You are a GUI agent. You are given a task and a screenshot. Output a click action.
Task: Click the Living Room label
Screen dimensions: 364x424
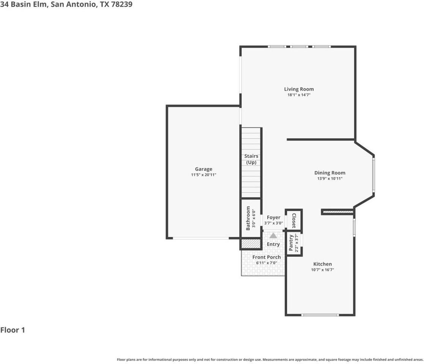(x=299, y=89)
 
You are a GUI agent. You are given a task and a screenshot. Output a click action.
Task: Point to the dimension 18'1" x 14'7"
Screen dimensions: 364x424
(x=299, y=95)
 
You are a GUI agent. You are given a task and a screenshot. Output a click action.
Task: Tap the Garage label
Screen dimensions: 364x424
(x=203, y=169)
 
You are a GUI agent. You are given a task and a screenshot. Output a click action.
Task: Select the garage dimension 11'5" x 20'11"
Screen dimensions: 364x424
(x=203, y=175)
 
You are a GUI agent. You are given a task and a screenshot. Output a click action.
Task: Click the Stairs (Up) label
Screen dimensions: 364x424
(x=251, y=159)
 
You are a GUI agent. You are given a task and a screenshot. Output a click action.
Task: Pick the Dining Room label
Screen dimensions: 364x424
(x=329, y=173)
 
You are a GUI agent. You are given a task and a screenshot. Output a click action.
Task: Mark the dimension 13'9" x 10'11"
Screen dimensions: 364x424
(x=329, y=179)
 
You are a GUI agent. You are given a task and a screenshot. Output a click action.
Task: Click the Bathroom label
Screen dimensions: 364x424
(x=248, y=218)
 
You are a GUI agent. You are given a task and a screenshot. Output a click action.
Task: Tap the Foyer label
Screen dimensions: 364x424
(x=273, y=218)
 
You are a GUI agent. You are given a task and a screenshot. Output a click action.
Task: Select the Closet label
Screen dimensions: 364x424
(x=293, y=220)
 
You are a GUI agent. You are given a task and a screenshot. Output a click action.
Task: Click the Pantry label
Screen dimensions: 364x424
(x=291, y=243)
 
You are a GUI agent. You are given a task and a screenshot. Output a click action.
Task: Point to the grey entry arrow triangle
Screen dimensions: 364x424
(x=273, y=235)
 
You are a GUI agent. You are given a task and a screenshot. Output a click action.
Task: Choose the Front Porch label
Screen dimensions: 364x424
(x=266, y=257)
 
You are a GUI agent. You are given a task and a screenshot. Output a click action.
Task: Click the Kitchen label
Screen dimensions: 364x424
(x=322, y=264)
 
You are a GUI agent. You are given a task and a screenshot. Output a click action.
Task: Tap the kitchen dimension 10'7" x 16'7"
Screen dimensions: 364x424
(x=322, y=270)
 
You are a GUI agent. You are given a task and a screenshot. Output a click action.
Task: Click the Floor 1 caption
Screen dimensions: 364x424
(x=13, y=330)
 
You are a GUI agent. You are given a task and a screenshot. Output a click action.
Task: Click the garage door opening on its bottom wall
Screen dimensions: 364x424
(x=201, y=238)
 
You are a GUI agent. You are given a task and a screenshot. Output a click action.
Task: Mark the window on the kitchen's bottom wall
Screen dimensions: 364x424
(x=320, y=315)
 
